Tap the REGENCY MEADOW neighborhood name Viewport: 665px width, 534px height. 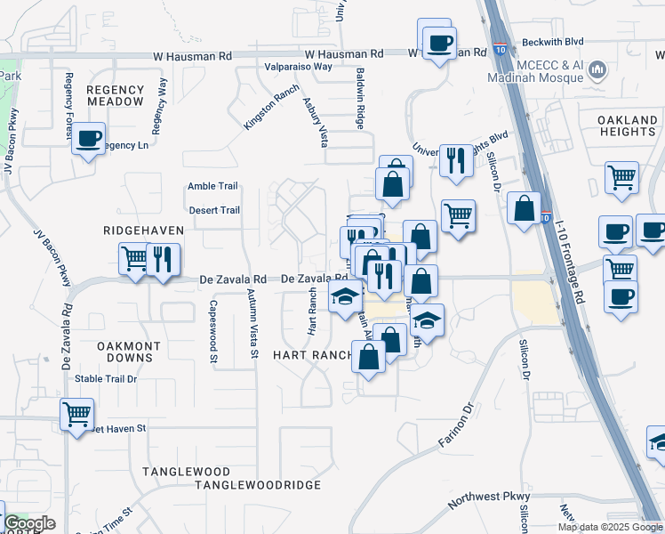pyautogui.click(x=115, y=95)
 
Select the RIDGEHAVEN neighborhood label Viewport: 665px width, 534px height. pyautogui.click(x=143, y=231)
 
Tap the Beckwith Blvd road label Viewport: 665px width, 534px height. pyautogui.click(x=552, y=42)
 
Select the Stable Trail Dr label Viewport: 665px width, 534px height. pyautogui.click(x=106, y=378)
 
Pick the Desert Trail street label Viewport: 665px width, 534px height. pyautogui.click(x=215, y=211)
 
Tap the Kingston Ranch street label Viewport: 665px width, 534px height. pyautogui.click(x=272, y=108)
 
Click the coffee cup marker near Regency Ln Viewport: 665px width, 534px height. pyautogui.click(x=89, y=139)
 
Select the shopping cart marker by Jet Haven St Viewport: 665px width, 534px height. pyautogui.click(x=77, y=413)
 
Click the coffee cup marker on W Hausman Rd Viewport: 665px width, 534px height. pyautogui.click(x=437, y=41)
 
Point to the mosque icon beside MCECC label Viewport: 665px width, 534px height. pyautogui.click(x=597, y=69)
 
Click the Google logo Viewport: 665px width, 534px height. pyautogui.click(x=29, y=523)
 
